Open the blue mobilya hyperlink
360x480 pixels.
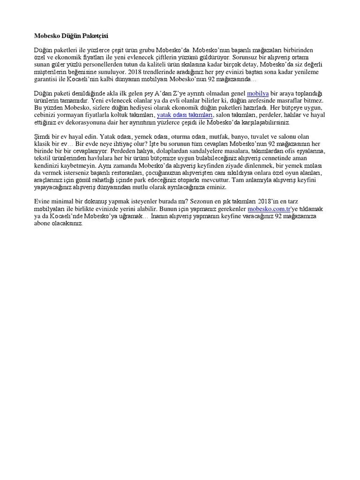258,94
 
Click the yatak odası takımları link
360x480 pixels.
185,115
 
